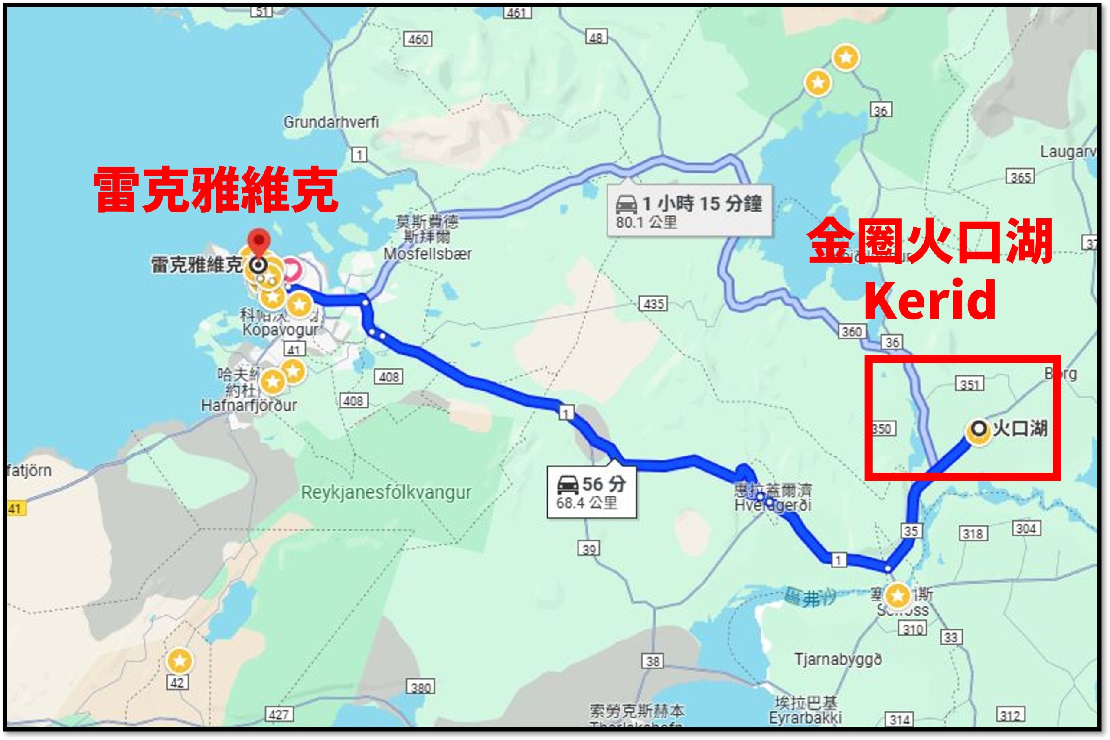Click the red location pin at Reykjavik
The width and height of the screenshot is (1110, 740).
point(259,240)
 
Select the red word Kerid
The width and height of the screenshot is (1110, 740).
point(930,300)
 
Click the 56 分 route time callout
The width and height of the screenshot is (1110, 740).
point(591,492)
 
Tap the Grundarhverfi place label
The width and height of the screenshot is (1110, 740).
point(331,123)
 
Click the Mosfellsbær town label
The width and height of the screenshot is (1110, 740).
point(427,254)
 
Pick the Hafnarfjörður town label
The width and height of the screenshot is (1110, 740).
point(249,405)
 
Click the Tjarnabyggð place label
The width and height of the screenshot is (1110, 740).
point(838,659)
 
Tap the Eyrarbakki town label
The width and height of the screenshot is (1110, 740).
point(805,718)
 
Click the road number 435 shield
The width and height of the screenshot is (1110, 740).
point(653,303)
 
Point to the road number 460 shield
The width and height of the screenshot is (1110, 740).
point(418,39)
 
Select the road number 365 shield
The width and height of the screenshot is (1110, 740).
point(1020,177)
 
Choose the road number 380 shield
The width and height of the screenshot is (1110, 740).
point(421,688)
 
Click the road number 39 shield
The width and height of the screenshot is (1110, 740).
point(588,549)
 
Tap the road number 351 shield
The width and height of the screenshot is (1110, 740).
point(970,384)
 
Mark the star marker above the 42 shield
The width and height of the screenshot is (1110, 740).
point(180,661)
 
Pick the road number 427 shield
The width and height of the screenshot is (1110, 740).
point(278,714)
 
